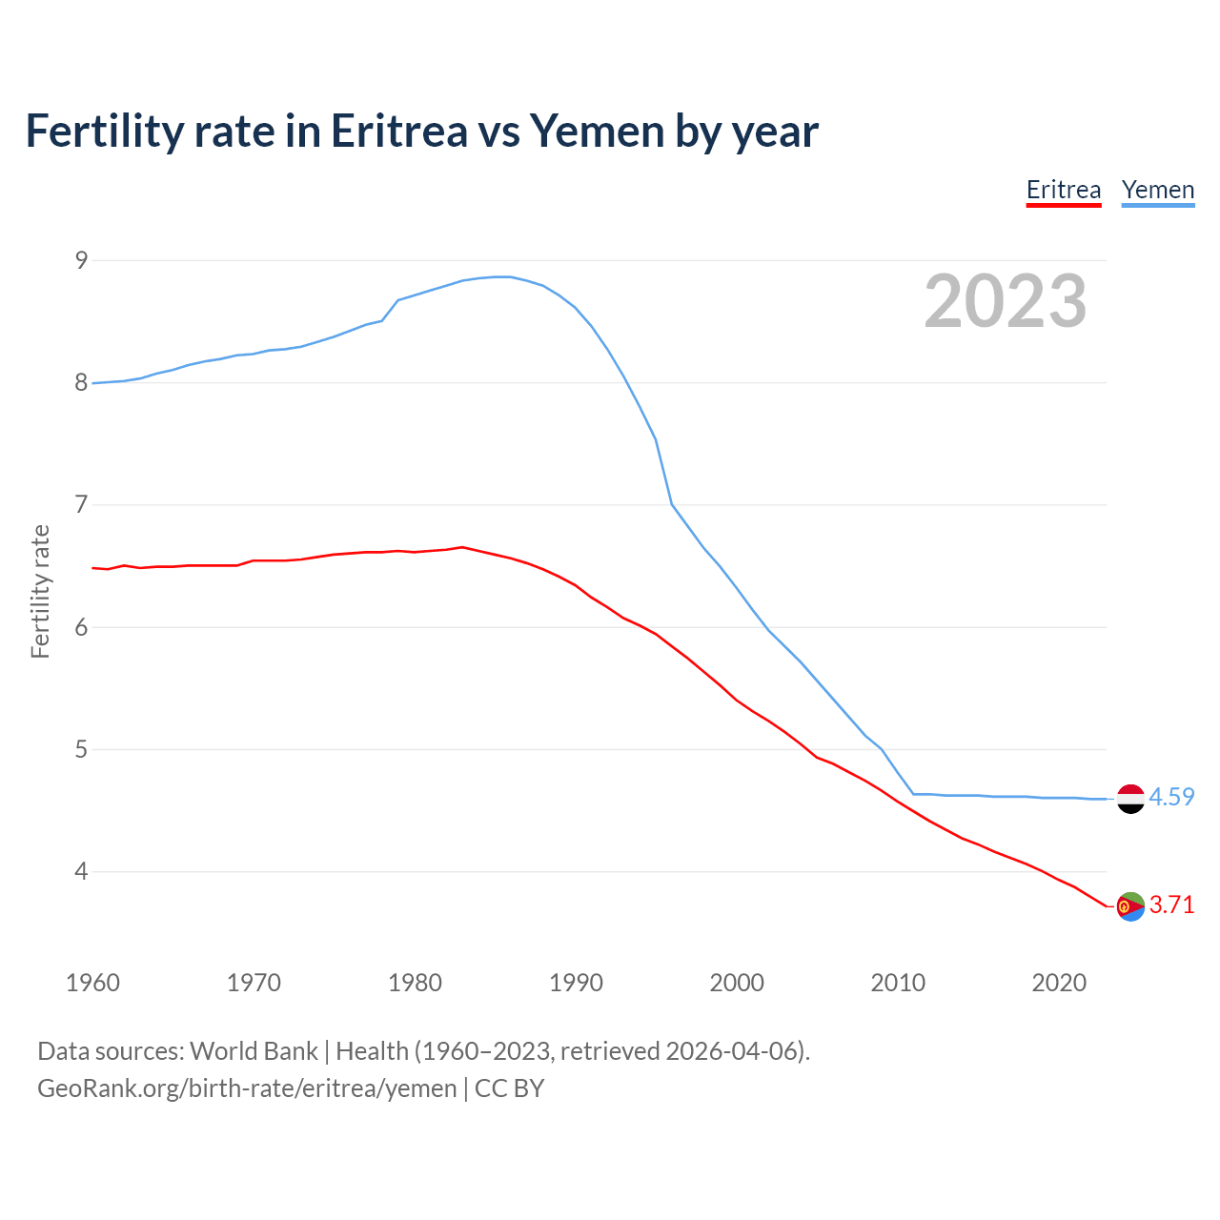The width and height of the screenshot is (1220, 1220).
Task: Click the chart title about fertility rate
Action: pos(421,131)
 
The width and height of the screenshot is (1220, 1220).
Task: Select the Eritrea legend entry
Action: pos(1063,190)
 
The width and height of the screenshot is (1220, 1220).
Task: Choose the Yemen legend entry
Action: pos(1157,190)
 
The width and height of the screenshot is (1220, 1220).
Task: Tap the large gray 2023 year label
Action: pos(1005,301)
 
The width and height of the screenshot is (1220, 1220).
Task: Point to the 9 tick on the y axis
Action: pos(81,260)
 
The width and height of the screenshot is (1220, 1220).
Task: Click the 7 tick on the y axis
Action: pos(81,504)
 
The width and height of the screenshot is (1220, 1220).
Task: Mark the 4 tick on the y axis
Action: pos(81,871)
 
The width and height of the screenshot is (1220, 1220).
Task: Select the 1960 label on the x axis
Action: pos(92,983)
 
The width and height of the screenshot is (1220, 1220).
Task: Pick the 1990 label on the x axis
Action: pos(576,983)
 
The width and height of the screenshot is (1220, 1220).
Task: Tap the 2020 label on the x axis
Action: pos(1058,983)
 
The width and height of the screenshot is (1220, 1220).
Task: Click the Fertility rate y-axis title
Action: pos(40,591)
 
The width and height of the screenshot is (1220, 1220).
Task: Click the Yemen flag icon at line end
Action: pos(1130,799)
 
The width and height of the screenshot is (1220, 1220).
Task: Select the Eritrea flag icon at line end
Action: pos(1130,906)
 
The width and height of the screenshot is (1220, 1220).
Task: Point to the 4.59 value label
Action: pos(1171,798)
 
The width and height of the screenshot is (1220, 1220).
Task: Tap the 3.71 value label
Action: pos(1171,905)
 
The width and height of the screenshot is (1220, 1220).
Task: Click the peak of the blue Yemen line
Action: pos(502,276)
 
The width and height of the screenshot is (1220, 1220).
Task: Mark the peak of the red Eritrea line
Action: pos(462,547)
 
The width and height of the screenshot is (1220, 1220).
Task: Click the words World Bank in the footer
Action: pos(254,1051)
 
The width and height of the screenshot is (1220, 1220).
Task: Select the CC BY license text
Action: pos(509,1088)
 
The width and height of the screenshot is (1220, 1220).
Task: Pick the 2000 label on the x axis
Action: pos(737,983)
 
